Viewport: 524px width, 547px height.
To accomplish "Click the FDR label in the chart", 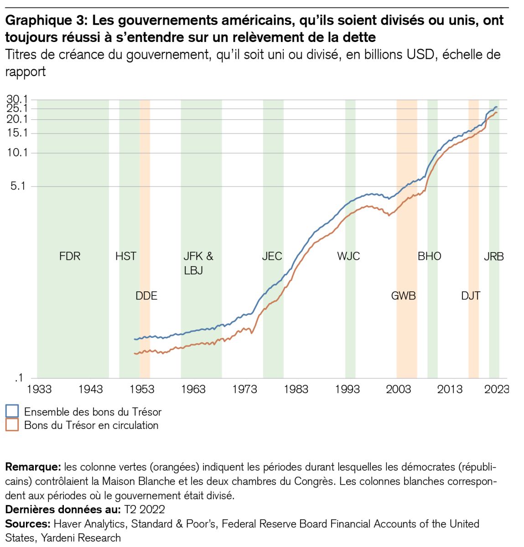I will pos(70,256).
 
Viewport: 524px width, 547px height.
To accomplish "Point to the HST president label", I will pos(126,256).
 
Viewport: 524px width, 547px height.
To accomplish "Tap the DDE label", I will pos(146,296).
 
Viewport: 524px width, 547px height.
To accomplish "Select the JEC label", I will pos(272,256).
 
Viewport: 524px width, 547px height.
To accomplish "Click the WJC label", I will pos(348,256).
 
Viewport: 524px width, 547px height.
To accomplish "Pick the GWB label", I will pos(404,296).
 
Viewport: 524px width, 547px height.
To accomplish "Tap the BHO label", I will pos(430,256).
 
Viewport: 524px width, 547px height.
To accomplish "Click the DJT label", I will pos(471,296).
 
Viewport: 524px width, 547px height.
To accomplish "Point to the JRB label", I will pos(494,257).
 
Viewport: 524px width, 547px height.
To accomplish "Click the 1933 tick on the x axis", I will pos(39,389).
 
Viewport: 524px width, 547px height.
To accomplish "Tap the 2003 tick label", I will pos(399,389).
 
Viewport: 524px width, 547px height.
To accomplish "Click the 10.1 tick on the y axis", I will pos(17,152).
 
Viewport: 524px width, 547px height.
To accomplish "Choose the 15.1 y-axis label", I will pos(17,133).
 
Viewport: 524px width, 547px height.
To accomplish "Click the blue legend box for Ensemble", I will pos(12,411).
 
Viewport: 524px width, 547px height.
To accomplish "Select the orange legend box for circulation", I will pos(12,425).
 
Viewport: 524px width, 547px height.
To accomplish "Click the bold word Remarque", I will pos(33,467).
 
